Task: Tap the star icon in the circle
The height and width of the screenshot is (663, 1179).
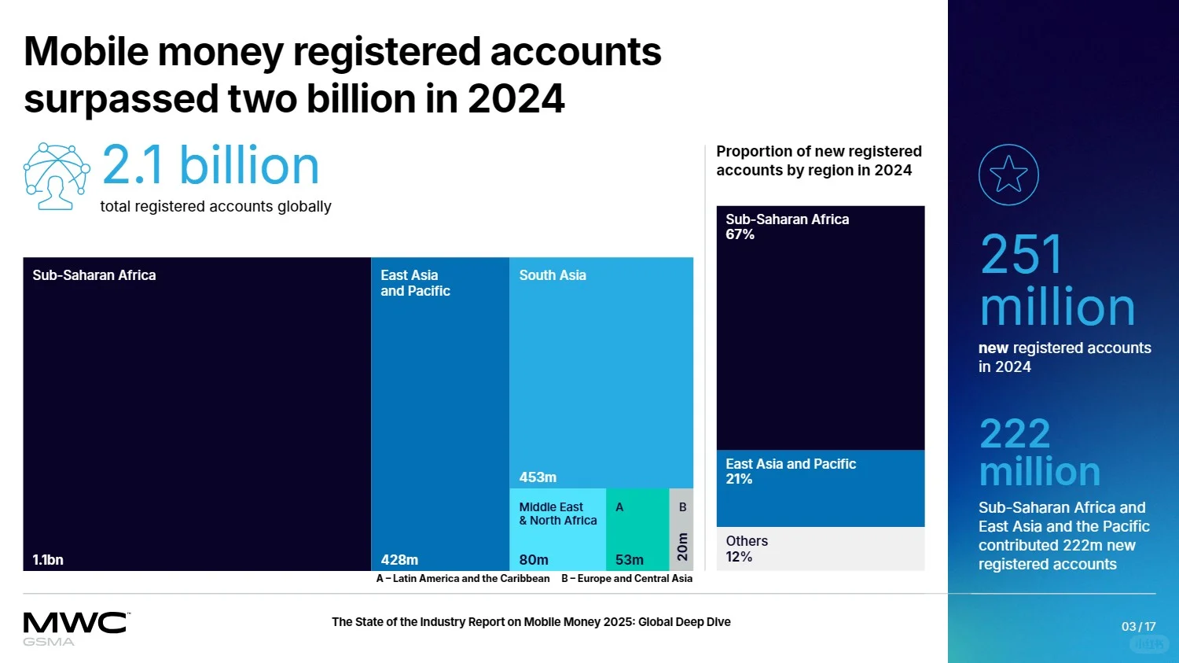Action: pos(1008,175)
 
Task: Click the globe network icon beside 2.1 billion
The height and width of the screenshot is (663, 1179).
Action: pos(56,176)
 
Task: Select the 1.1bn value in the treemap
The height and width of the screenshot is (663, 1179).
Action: pos(48,560)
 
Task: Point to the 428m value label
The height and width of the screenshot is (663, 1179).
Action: pos(399,560)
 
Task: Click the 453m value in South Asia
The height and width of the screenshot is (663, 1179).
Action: pos(538,477)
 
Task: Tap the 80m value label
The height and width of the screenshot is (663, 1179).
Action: pos(534,560)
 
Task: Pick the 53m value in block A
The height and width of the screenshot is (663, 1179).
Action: pos(629,560)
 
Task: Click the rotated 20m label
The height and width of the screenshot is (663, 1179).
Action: pos(682,547)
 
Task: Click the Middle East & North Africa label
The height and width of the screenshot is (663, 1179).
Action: pos(557,514)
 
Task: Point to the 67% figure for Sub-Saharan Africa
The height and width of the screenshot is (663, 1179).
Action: pos(740,234)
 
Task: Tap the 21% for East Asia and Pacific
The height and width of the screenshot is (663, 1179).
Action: pos(739,479)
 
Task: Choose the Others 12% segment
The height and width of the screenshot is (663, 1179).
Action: pos(820,549)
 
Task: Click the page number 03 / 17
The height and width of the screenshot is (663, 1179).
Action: pos(1138,627)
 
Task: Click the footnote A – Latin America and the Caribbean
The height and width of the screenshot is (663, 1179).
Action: pos(463,579)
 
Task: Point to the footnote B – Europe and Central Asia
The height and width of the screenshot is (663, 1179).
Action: pos(626,579)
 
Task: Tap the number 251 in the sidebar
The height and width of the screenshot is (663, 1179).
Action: pos(1022,255)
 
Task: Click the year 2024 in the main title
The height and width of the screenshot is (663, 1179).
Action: pos(516,99)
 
